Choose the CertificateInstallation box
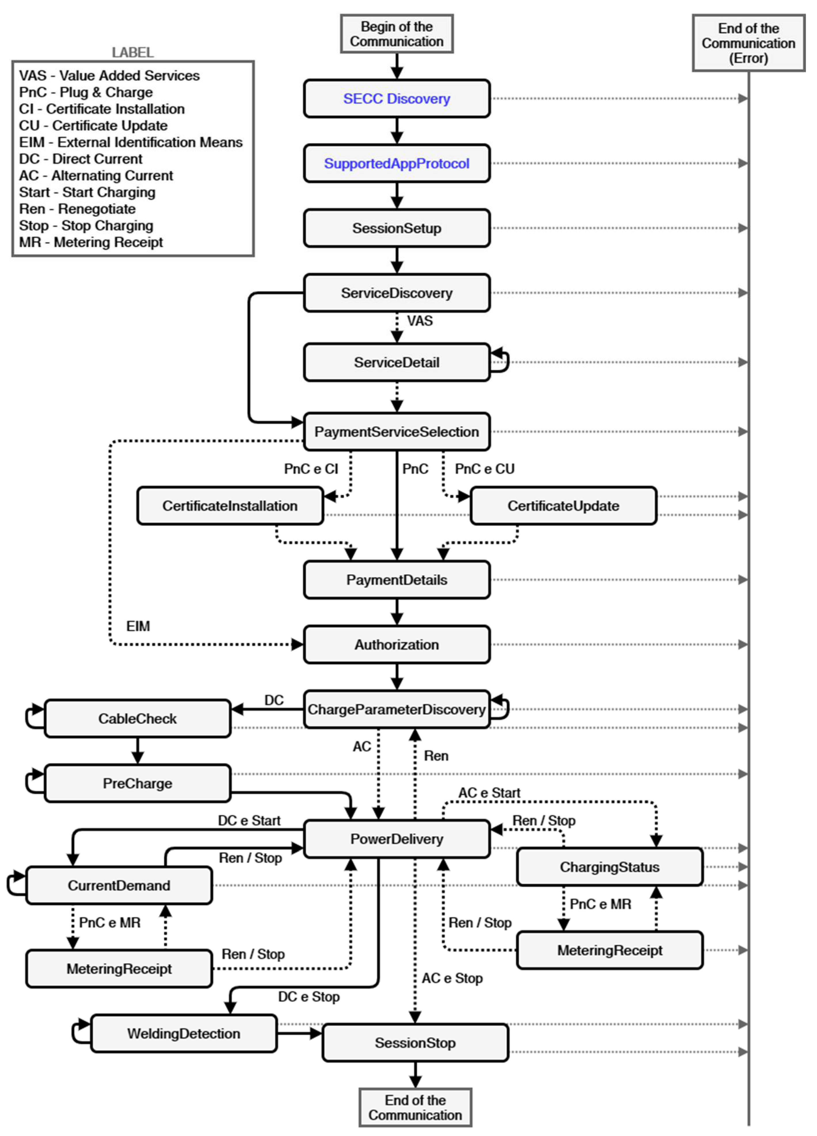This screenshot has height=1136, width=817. [230, 506]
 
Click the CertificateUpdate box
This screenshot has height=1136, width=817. [563, 506]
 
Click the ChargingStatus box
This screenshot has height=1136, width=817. [610, 867]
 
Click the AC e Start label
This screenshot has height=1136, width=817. [489, 793]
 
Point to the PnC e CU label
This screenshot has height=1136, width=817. [485, 469]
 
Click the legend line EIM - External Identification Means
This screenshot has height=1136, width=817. [131, 142]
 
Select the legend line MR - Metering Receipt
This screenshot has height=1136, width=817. [91, 242]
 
